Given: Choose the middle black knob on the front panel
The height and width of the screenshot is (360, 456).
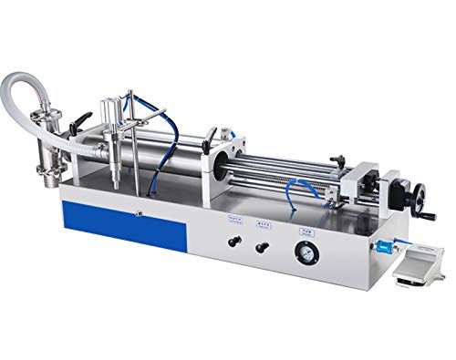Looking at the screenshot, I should tap(265, 248).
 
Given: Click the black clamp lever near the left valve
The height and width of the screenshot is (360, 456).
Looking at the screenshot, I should tap(80, 120).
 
